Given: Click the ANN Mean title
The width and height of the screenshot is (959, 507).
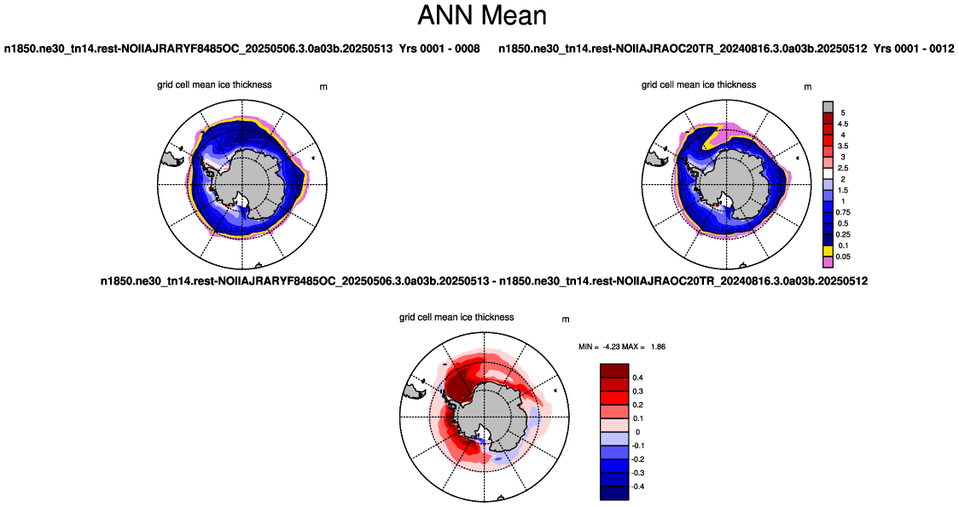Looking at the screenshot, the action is point(482,15).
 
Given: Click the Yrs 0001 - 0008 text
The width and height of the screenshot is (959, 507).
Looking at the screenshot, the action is point(439,49).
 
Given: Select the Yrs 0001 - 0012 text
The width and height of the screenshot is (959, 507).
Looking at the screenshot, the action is point(914,49).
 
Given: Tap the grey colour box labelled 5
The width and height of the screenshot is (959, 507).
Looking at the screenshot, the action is point(828,107).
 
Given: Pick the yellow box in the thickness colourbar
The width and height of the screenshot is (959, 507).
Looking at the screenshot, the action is point(828,251).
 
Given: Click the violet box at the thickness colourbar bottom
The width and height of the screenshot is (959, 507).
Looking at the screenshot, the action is point(828,262).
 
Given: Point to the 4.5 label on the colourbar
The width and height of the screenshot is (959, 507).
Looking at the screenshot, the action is point(843,124).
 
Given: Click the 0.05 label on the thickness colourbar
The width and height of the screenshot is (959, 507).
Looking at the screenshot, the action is point(844,256).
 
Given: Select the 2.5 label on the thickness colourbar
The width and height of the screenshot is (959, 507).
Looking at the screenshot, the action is point(843,168).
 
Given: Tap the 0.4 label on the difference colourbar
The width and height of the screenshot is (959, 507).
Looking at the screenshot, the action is point(638,377).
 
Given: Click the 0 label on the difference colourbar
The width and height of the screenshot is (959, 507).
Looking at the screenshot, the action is point(638,432).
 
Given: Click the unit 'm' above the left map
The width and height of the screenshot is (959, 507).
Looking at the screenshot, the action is point(323,87).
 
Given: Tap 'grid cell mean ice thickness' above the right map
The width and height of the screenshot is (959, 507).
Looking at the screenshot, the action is point(699,85).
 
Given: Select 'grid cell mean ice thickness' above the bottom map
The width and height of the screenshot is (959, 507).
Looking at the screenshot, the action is point(456,317).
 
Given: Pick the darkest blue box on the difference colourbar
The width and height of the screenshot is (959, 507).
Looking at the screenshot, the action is point(614,493).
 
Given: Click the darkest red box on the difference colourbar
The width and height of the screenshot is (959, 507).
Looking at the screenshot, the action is point(614,370).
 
